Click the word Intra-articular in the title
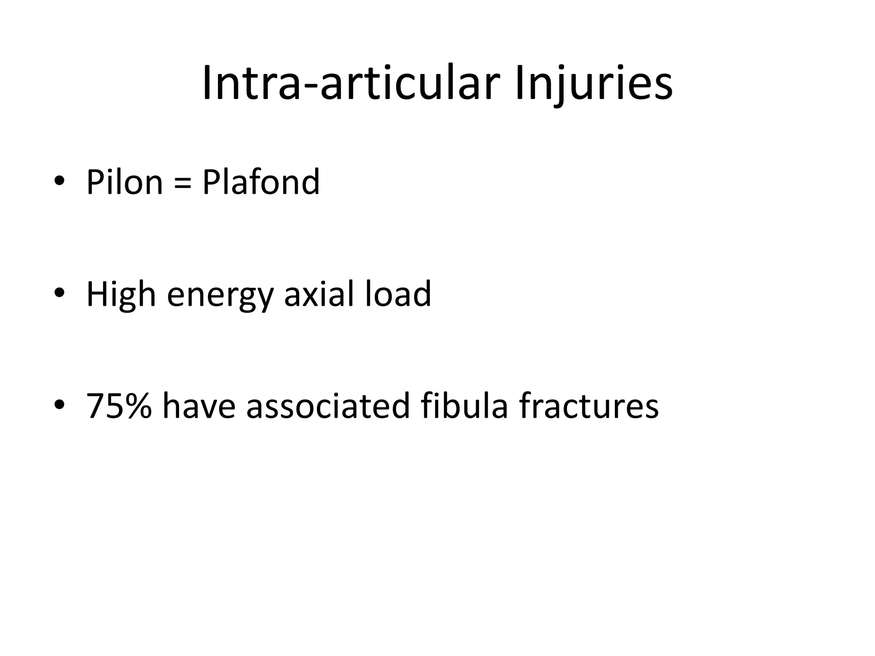pos(350,83)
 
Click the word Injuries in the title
pos(594,83)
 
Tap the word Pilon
pos(124,182)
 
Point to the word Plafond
pos(261,182)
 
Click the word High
pos(121,295)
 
